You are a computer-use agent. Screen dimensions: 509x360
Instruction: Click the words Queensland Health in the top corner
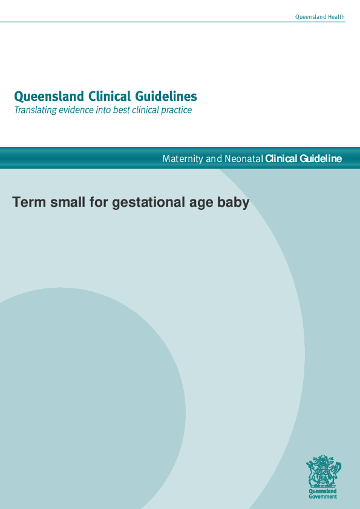click(319, 17)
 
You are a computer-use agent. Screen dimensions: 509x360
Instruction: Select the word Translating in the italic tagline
click(35, 111)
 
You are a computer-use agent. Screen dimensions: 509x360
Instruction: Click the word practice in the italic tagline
click(176, 111)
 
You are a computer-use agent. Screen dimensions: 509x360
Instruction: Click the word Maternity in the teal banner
click(183, 159)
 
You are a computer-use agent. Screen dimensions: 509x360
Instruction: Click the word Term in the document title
click(28, 203)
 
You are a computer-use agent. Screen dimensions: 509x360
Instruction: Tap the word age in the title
click(197, 203)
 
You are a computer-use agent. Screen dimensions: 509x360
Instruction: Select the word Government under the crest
click(323, 497)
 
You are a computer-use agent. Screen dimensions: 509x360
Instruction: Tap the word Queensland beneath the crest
click(323, 493)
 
